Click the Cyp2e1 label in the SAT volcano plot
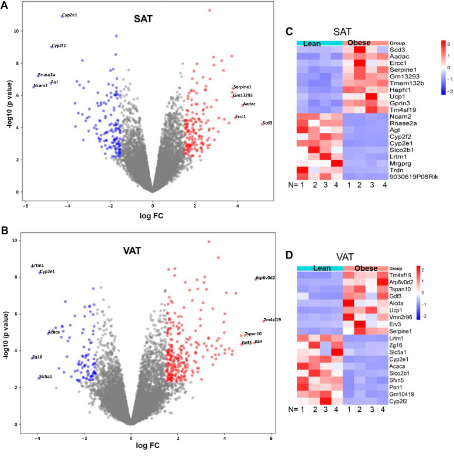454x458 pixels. [x=70, y=15]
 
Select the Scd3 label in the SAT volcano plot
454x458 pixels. [x=267, y=123]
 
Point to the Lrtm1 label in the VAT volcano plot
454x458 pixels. [x=39, y=266]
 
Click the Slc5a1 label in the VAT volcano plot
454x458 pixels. [x=44, y=376]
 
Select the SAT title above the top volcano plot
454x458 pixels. [x=142, y=19]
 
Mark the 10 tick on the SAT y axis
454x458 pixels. [x=18, y=31]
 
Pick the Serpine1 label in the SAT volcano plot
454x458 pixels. [x=242, y=87]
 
